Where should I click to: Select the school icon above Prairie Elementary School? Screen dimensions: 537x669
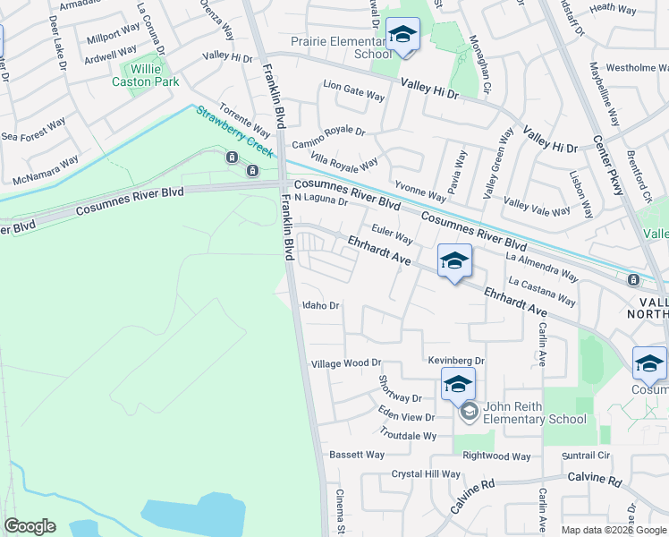point(403,36)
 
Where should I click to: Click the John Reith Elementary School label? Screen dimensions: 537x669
point(535,413)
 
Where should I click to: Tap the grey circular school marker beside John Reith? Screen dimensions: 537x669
point(468,412)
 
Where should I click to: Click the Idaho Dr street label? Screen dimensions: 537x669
point(322,305)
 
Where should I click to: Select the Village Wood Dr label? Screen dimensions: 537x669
point(345,364)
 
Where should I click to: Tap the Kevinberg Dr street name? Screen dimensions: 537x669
point(455,361)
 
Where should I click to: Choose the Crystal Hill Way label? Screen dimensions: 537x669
point(426,473)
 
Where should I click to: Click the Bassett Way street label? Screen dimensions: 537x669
point(356,455)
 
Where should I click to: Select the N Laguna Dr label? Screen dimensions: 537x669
point(320,200)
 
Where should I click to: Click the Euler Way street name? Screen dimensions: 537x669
point(392,239)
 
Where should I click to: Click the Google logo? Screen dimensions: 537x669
point(30,526)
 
